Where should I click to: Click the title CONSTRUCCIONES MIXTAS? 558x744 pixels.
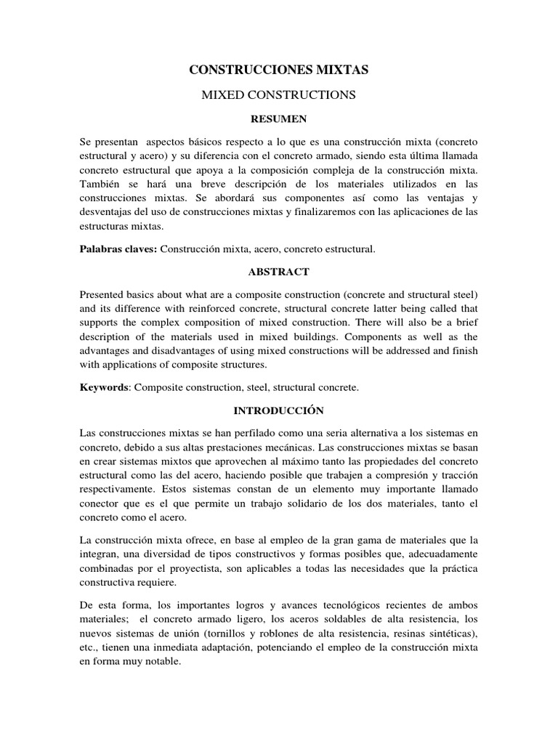pyautogui.click(x=279, y=69)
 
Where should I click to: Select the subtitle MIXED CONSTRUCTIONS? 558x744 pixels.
pyautogui.click(x=279, y=94)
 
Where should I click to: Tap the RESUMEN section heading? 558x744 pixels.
pyautogui.click(x=279, y=117)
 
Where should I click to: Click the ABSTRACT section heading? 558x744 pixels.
pyautogui.click(x=279, y=272)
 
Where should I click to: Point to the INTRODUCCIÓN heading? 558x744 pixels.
pyautogui.click(x=279, y=411)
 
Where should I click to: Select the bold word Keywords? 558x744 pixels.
pyautogui.click(x=103, y=388)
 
